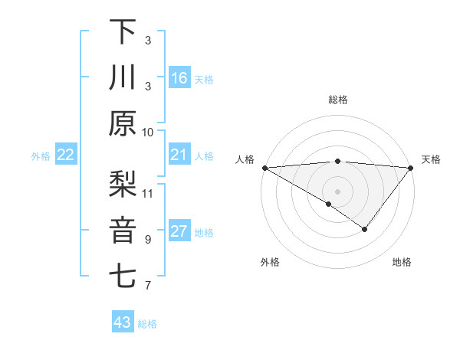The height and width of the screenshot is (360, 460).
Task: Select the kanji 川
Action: (x=123, y=77)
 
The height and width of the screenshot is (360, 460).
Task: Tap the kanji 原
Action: (x=123, y=124)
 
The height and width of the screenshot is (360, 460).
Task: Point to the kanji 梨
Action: (x=123, y=183)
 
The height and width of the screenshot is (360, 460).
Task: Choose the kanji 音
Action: (x=123, y=231)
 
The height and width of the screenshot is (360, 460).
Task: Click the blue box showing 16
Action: (x=179, y=78)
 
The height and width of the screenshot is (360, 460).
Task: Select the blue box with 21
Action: (x=179, y=155)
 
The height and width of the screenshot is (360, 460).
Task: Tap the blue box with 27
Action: (x=179, y=232)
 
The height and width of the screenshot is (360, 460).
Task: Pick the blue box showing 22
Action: (x=66, y=155)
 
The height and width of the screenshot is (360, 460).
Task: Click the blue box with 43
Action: (x=123, y=322)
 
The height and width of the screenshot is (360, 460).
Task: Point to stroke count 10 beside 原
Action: (x=148, y=132)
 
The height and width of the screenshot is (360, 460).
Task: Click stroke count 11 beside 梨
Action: (x=148, y=192)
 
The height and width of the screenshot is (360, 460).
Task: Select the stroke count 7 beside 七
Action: (x=148, y=286)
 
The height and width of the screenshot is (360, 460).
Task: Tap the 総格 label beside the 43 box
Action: (x=147, y=324)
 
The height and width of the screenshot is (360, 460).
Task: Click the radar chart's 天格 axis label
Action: (x=431, y=159)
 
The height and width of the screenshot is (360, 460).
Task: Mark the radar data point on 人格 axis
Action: (x=264, y=167)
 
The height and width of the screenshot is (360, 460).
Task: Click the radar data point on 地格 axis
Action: (x=365, y=228)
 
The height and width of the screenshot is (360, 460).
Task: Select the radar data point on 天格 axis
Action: (x=410, y=167)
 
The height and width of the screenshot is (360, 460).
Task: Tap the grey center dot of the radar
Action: (x=337, y=191)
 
